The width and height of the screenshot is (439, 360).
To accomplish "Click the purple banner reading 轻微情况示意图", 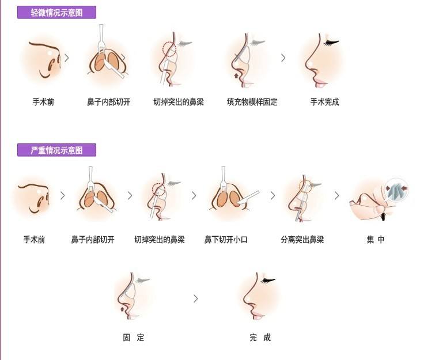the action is (56, 13).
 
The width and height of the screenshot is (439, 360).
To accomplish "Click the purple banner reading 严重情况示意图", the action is (56, 150).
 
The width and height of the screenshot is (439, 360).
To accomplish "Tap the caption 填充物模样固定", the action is (252, 102).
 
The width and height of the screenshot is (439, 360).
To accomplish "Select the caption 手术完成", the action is (324, 102).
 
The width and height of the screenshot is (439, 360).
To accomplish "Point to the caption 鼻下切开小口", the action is (226, 240).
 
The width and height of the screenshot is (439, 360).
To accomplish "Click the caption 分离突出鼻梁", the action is (302, 240).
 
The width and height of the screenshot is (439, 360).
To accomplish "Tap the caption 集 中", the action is (376, 240).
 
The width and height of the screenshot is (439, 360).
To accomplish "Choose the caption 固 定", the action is (134, 338).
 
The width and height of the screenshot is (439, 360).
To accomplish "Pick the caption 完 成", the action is (260, 338).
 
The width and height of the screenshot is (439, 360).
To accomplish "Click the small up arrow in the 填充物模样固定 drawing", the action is (237, 75).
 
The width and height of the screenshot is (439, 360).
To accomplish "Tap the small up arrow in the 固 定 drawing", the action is (122, 309).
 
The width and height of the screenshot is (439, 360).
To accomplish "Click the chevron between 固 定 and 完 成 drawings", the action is (196, 299).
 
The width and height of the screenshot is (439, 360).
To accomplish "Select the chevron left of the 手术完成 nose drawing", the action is (283, 58).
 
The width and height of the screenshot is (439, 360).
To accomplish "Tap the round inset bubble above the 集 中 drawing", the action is (397, 189).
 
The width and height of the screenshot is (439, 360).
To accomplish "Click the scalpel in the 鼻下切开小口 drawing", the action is (248, 198).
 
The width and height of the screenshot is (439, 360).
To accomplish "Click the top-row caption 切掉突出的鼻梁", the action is (179, 102).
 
